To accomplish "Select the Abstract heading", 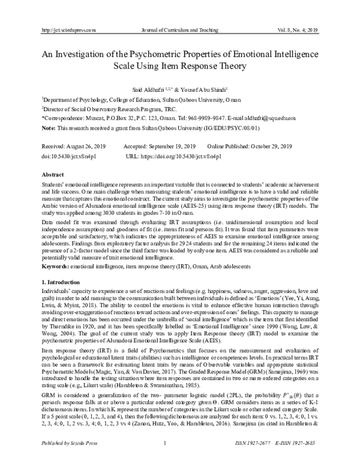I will [52, 173].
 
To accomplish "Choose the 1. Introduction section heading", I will [60, 265].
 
